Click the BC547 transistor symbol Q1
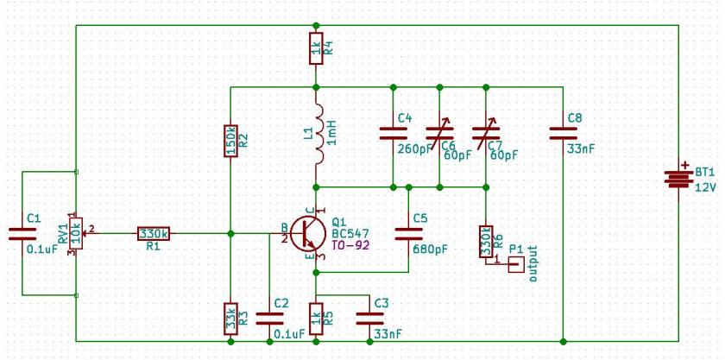[307, 233]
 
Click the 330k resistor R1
[153, 233]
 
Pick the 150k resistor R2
[230, 140]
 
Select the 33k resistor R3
[230, 317]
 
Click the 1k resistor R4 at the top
[317, 49]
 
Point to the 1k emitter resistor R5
[317, 317]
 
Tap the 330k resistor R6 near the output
[486, 241]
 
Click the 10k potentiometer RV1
[77, 233]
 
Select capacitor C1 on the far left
[21, 233]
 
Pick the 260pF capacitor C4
[393, 133]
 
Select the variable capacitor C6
[440, 133]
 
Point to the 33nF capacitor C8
[563, 133]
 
